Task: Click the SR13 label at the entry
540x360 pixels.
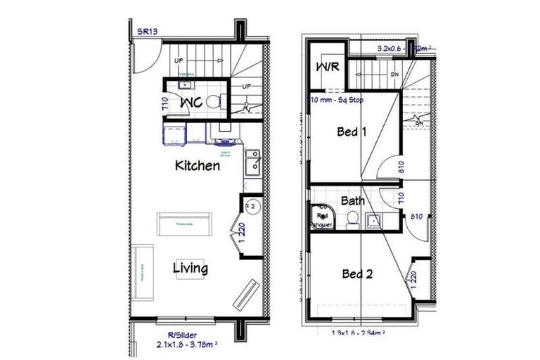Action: click(x=146, y=32)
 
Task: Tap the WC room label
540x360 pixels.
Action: click(x=191, y=103)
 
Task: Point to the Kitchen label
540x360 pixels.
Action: click(x=197, y=166)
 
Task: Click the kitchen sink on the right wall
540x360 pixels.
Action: click(x=251, y=165)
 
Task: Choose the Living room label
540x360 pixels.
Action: click(x=191, y=268)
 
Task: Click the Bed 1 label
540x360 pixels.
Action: click(x=352, y=131)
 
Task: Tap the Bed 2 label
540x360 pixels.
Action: click(x=356, y=274)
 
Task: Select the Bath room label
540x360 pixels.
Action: click(x=353, y=201)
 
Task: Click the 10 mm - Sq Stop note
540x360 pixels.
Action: click(x=336, y=100)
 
